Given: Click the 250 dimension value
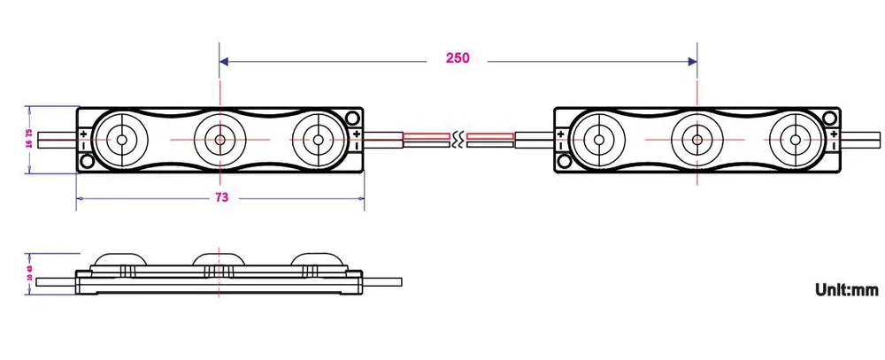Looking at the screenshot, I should [458, 59].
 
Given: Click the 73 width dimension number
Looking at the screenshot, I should [221, 196].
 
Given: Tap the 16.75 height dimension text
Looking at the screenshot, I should [29, 139].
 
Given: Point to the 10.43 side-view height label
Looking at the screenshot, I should [29, 271].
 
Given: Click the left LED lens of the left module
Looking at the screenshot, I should [119, 139].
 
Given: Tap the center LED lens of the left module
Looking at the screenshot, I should [219, 139].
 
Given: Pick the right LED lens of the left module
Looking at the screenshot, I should [317, 139].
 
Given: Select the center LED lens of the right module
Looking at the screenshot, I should [697, 139].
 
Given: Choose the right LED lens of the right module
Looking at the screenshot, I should [795, 139].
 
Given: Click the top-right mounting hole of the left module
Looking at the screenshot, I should [353, 118].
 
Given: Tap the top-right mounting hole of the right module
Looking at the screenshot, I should [830, 118].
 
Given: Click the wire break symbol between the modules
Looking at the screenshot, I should [458, 139].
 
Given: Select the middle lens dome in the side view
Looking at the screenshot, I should [219, 259].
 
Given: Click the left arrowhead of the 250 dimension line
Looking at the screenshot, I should [224, 61].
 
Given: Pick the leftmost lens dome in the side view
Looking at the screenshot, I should [119, 259].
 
